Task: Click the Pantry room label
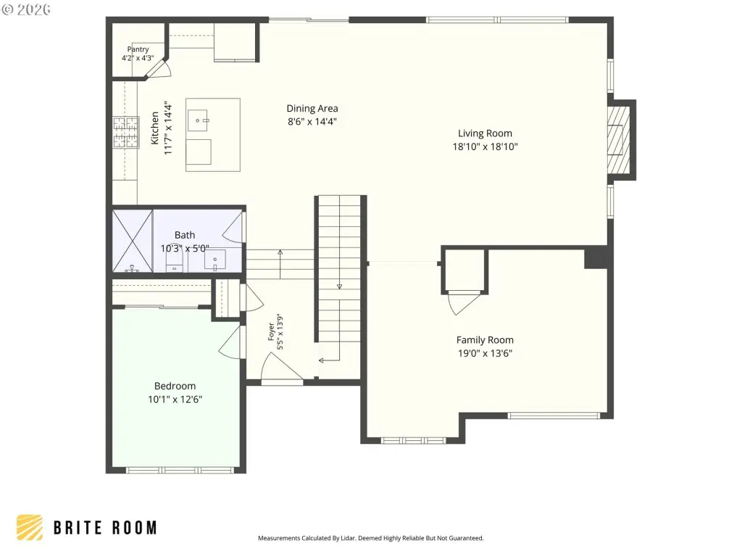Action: (x=138, y=49)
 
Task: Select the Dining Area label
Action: (x=312, y=109)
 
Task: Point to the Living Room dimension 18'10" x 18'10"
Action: (x=485, y=147)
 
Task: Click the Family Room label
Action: (x=485, y=340)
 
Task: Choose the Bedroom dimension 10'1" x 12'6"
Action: (x=175, y=400)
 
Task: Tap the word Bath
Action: (x=185, y=235)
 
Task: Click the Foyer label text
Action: (x=271, y=331)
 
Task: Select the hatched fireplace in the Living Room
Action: (x=619, y=140)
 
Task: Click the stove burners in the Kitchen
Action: (x=126, y=132)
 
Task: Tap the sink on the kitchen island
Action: (x=199, y=121)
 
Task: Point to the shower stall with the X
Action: (x=133, y=241)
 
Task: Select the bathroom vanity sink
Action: (x=215, y=260)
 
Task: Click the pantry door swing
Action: (x=159, y=69)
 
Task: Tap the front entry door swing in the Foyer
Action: (x=282, y=366)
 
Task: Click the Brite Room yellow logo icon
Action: (x=29, y=528)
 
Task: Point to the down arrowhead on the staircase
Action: (x=339, y=286)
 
